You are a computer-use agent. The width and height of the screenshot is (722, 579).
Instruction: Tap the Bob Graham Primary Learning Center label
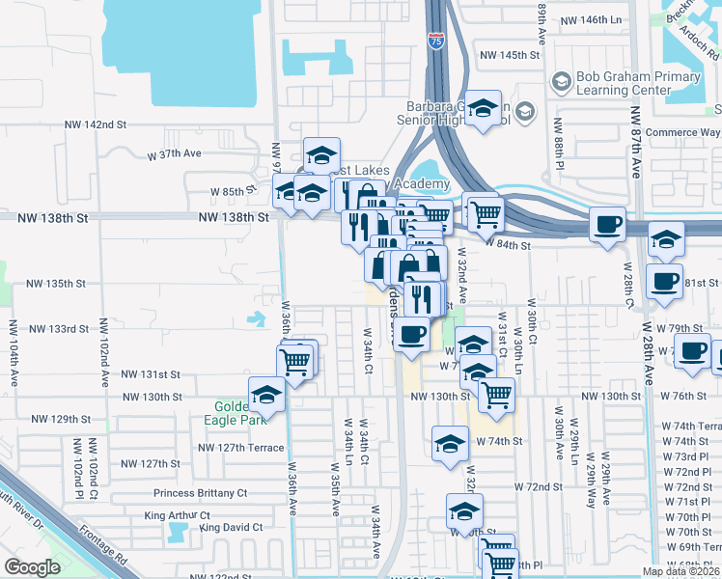623,84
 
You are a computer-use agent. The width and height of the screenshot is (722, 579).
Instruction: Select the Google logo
32,567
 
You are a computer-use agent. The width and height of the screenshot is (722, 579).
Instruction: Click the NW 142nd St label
96,125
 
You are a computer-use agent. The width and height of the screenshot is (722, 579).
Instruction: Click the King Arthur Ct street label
178,515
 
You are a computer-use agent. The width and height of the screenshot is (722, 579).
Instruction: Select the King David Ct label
231,528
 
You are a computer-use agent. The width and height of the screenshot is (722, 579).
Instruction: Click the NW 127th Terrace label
241,448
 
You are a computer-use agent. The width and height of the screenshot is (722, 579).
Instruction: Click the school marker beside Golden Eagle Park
266,395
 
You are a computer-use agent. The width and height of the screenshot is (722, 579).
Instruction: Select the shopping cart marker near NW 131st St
295,361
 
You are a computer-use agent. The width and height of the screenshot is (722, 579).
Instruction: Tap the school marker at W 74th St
450,444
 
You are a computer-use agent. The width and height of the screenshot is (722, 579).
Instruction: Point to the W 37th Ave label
174,153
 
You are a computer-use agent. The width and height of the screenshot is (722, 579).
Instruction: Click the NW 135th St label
55,284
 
